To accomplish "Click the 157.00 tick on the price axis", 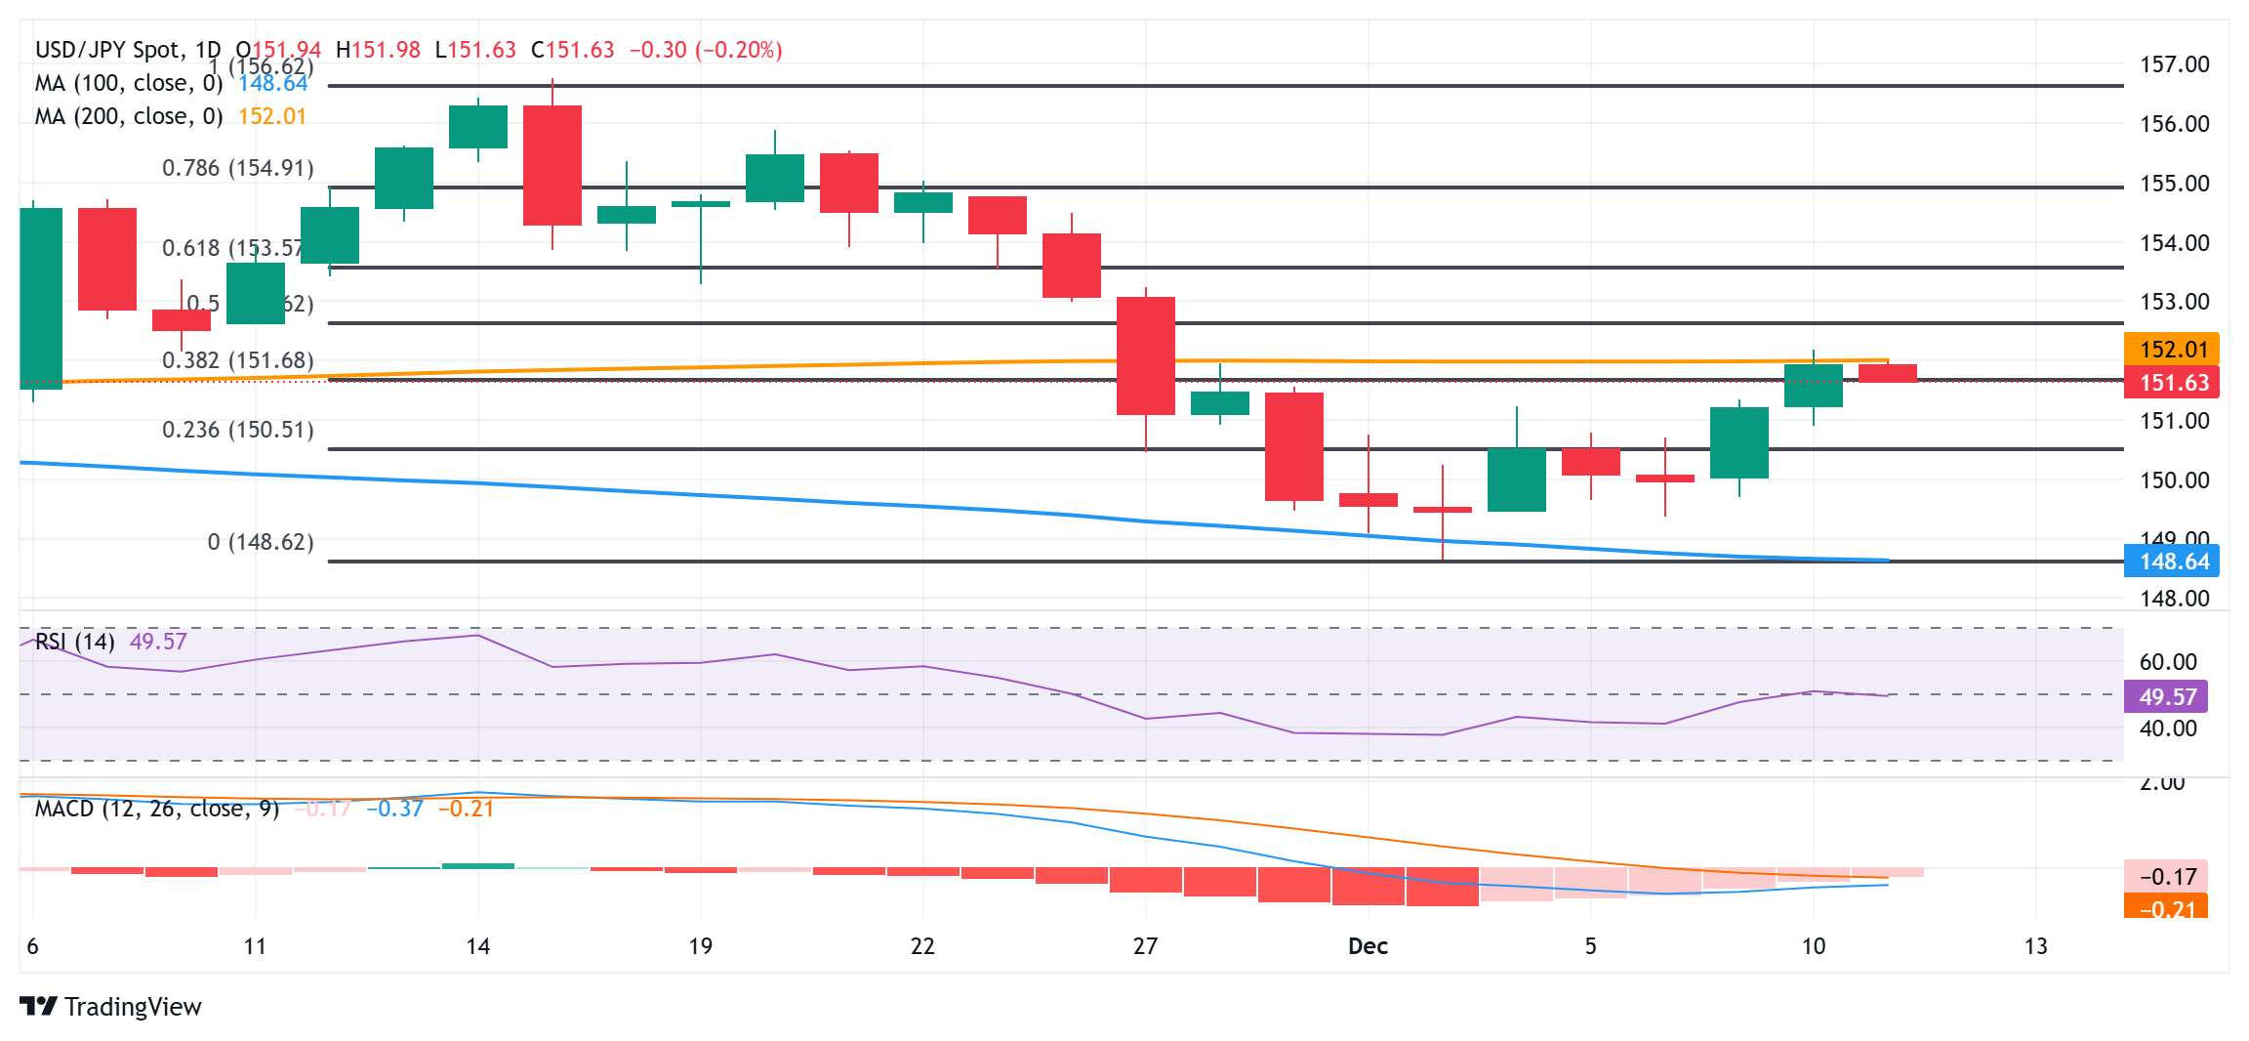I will pos(2174,64).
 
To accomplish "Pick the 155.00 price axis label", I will pos(2174,184).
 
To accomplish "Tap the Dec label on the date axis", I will pos(1368,945).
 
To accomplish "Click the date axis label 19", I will pos(700,945).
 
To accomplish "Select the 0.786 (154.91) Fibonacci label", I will pos(238,168).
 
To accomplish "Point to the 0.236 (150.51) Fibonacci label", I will pos(238,430).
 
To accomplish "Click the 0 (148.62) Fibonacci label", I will pos(261,542).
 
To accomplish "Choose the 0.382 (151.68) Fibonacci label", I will pos(238,360).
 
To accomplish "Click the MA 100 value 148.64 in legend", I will pos(273,84).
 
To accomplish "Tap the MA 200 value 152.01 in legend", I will pos(272,116).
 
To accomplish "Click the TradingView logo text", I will pos(133,1007).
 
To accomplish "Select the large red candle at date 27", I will pos(1146,355).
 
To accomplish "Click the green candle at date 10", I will pos(1813,386).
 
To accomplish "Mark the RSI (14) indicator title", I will pos(75,642).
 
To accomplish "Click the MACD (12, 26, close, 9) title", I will pos(157,809).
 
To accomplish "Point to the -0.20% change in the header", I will pos(739,50).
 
